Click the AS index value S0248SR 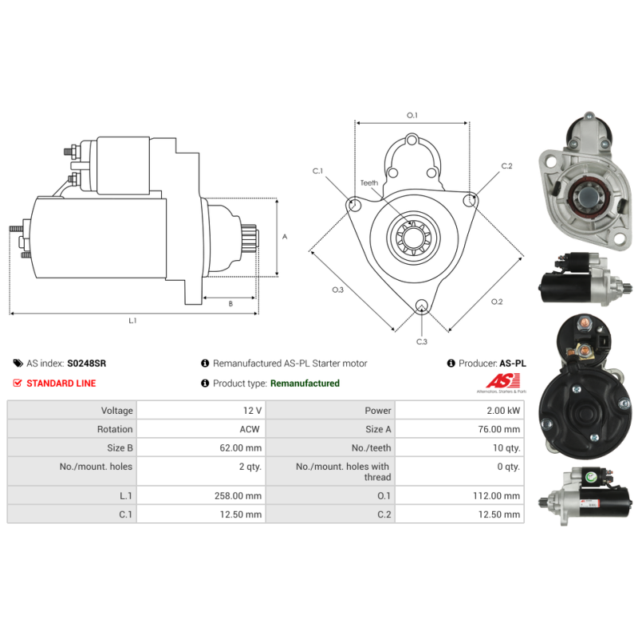tap(86, 364)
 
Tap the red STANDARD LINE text tap(61, 384)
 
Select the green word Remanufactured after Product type tap(305, 384)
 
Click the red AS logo tap(503, 381)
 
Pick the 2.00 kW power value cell tap(459, 410)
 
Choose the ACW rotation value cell tap(201, 429)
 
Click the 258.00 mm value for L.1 tap(238, 495)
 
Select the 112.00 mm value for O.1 tap(496, 495)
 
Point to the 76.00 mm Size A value tap(499, 429)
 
